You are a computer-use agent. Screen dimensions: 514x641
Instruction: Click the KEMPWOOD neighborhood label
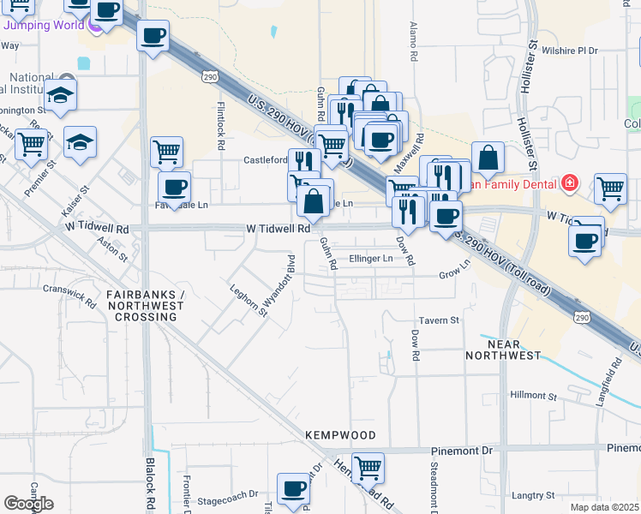click(x=340, y=435)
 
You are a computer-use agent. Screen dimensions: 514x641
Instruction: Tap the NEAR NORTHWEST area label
click(x=503, y=349)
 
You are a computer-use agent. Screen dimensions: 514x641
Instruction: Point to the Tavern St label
click(x=440, y=320)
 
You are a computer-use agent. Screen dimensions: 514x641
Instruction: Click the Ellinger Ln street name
click(x=371, y=259)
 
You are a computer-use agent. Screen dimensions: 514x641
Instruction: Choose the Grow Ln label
click(x=455, y=273)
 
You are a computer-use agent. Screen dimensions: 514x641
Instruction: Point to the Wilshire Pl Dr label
click(x=569, y=51)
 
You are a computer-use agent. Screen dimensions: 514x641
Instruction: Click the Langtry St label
click(x=533, y=495)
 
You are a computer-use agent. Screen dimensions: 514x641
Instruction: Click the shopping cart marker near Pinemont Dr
click(x=368, y=468)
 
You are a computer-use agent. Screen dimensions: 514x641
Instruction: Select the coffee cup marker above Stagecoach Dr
click(x=293, y=488)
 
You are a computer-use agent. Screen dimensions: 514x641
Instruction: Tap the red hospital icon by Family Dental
click(x=569, y=182)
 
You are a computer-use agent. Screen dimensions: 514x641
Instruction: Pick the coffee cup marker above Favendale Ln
click(x=175, y=186)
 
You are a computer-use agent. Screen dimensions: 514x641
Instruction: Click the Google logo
click(x=28, y=504)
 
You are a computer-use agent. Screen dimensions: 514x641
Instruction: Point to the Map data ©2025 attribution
click(x=604, y=507)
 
